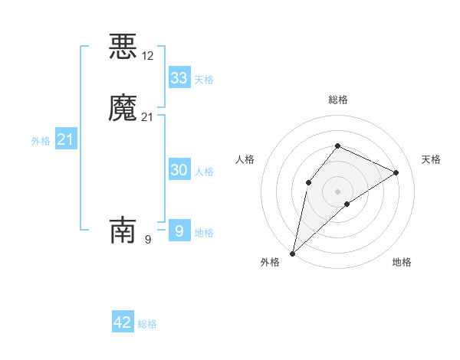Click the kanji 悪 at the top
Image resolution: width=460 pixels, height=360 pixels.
click(x=123, y=47)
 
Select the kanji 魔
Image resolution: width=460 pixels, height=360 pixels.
click(x=123, y=108)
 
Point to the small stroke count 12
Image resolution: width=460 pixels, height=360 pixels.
click(x=148, y=56)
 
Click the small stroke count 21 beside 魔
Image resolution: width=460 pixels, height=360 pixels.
click(x=148, y=117)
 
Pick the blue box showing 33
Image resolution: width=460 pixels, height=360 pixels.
click(x=179, y=78)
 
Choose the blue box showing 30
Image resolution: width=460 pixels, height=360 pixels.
click(x=179, y=170)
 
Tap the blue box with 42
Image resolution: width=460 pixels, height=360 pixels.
click(x=123, y=322)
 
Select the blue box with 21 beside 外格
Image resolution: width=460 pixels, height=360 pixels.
click(x=65, y=139)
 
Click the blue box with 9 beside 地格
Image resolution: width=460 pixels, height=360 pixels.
click(x=179, y=231)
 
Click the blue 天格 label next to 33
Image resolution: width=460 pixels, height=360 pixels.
click(x=204, y=80)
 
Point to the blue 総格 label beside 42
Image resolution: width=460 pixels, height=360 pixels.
click(x=147, y=324)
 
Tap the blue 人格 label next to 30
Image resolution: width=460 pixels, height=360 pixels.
click(x=204, y=172)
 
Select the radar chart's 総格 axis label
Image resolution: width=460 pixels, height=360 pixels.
click(x=337, y=100)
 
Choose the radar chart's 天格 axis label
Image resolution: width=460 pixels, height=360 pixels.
click(x=431, y=159)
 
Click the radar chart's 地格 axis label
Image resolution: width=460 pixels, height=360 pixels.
click(x=402, y=262)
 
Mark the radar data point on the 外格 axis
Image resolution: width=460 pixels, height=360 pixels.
click(x=292, y=253)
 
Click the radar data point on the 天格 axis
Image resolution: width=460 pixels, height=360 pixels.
click(x=396, y=172)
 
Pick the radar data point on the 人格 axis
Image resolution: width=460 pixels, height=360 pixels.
click(x=308, y=182)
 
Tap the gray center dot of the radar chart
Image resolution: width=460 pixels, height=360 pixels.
click(x=337, y=191)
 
